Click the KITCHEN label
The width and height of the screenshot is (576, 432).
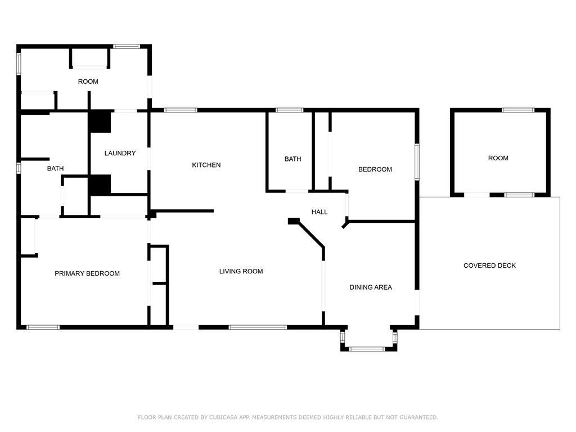pyautogui.click(x=206, y=165)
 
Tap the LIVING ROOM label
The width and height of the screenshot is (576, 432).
pyautogui.click(x=241, y=271)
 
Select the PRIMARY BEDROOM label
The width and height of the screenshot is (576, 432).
pyautogui.click(x=87, y=273)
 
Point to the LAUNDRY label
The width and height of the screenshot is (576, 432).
pyautogui.click(x=120, y=153)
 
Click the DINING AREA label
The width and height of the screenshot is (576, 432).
pyautogui.click(x=371, y=287)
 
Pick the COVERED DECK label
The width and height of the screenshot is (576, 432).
pyautogui.click(x=490, y=265)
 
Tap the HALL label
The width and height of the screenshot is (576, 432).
pyautogui.click(x=319, y=212)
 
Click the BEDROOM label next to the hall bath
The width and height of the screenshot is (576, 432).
pyautogui.click(x=375, y=169)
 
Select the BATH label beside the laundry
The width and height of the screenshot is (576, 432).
pyautogui.click(x=56, y=168)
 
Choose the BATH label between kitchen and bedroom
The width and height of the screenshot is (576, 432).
pyautogui.click(x=292, y=159)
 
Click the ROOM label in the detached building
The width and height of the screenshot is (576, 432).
pyautogui.click(x=498, y=158)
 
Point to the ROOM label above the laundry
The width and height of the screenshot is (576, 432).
pyautogui.click(x=88, y=82)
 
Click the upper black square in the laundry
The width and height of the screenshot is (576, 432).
pyautogui.click(x=100, y=121)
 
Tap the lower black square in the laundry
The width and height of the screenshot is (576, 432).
pyautogui.click(x=100, y=184)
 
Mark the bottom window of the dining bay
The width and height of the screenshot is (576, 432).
pyautogui.click(x=366, y=349)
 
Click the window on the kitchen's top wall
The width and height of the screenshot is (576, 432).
pyautogui.click(x=181, y=110)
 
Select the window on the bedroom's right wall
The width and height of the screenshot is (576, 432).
pyautogui.click(x=417, y=162)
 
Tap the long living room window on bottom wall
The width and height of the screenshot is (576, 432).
pyautogui.click(x=258, y=327)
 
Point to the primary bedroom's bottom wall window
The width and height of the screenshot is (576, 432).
pyautogui.click(x=43, y=327)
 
